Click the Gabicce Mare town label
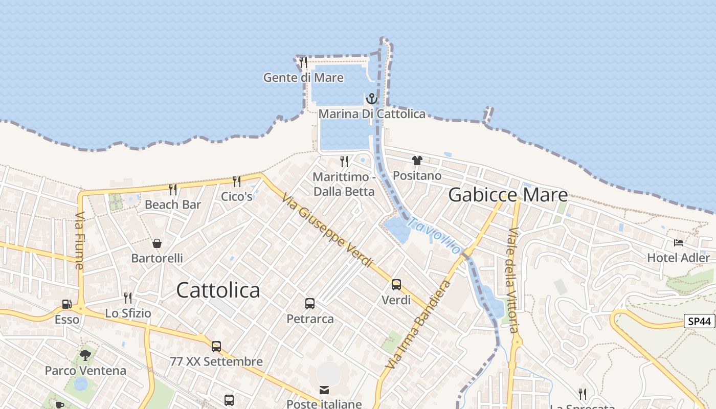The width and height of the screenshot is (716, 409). point(508,195)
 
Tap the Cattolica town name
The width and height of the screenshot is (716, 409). point(218,290)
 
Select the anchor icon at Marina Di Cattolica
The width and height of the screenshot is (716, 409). point(372,98)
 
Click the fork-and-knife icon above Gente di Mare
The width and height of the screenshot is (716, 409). point(303,62)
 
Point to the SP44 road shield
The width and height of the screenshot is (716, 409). point(699,322)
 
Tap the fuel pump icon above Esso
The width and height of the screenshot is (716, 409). point(67,304)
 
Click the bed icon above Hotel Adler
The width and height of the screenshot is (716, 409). point(679,242)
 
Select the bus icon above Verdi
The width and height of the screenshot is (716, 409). point(396,285)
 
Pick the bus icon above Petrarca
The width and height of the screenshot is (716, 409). point(310,304)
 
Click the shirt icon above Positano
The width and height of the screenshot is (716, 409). point(417,161)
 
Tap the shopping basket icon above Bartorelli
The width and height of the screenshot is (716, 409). point(157,243)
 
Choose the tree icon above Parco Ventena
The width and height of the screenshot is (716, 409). point(85,355)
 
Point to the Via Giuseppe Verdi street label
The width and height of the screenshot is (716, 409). point(327,231)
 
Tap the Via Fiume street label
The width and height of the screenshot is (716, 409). point(79,241)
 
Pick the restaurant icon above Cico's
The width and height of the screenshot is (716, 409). point(237,181)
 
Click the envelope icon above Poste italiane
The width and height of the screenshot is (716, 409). point(324,390)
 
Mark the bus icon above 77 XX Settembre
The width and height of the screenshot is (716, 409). point(216,347)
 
